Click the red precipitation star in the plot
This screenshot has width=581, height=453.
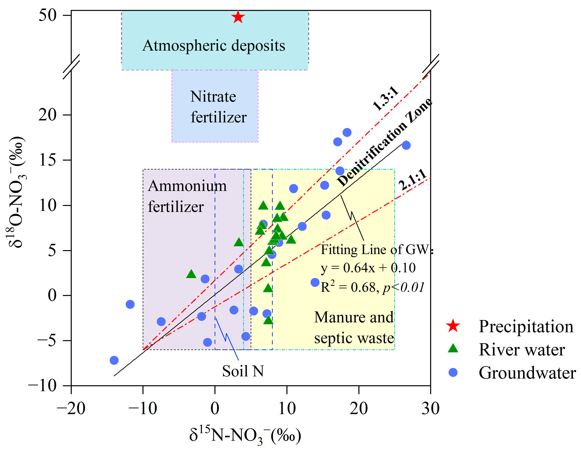pos(238,17)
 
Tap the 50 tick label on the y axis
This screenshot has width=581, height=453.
pos(48,15)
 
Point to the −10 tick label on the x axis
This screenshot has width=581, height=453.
pos(143,408)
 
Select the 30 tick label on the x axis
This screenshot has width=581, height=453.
pos(430,408)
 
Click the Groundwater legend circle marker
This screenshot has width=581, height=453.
pos(453,372)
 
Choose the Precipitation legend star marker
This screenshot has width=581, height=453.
pos(453,326)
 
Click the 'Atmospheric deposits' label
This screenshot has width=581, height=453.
pos(214,46)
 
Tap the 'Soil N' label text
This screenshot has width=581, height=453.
pos(243,371)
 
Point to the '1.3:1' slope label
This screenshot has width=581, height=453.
pos(386,98)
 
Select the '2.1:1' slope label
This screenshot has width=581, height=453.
pos(413,180)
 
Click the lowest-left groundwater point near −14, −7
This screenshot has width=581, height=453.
pos(114,360)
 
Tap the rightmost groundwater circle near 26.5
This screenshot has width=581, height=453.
pos(406,145)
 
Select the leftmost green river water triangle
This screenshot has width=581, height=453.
pos(191,274)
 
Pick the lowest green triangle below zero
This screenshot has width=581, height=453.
pos(268,320)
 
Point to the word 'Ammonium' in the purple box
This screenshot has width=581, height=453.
pos(187,186)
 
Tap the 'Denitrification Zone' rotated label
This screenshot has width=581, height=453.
pos(384,142)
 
